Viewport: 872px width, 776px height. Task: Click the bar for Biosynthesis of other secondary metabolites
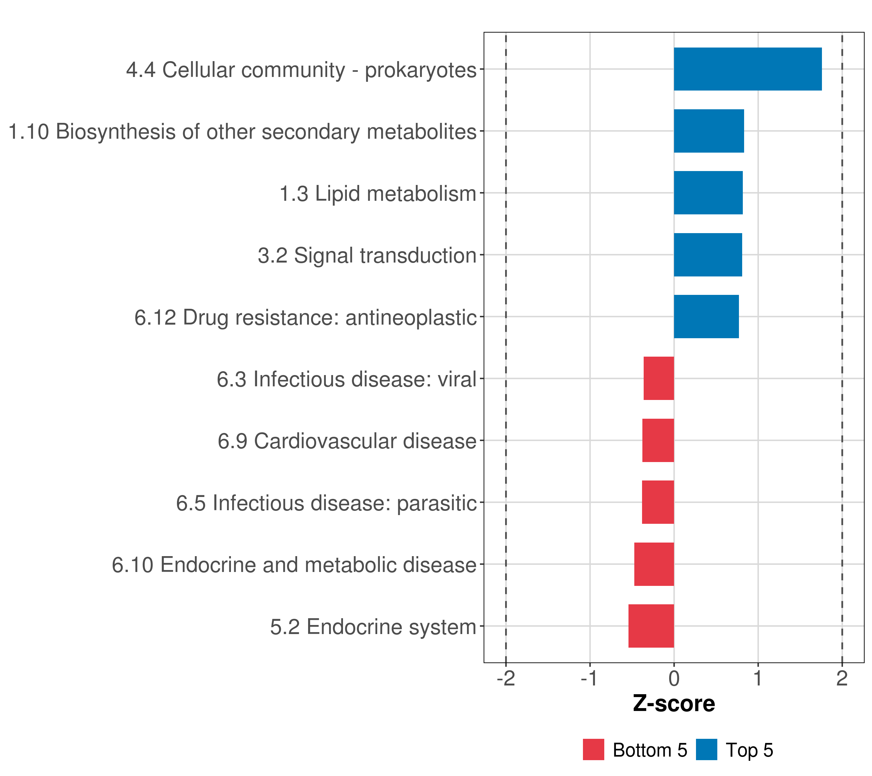[x=709, y=131]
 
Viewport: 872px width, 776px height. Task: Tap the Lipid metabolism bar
[x=708, y=193]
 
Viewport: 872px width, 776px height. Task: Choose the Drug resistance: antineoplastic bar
[x=706, y=317]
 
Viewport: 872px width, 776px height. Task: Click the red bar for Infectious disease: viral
[x=659, y=378]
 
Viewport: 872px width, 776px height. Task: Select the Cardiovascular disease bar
[x=658, y=440]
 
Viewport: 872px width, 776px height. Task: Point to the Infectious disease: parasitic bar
[x=658, y=502]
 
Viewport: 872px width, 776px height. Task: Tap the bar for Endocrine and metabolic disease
[x=654, y=564]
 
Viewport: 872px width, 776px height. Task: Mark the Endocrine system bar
[x=651, y=626]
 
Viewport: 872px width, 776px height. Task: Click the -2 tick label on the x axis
[x=506, y=678]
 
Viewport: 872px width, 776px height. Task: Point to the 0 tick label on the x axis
[x=674, y=678]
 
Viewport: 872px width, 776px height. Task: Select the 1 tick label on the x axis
[x=758, y=678]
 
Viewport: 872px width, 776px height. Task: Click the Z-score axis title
[x=674, y=704]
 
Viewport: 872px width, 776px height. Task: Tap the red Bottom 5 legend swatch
[x=593, y=749]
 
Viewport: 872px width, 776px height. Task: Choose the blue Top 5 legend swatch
[x=706, y=749]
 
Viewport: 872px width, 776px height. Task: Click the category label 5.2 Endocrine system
[x=373, y=627]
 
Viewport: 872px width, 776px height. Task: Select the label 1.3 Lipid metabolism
[x=378, y=193]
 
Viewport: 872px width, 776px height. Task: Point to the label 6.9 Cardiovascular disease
[x=347, y=441]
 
